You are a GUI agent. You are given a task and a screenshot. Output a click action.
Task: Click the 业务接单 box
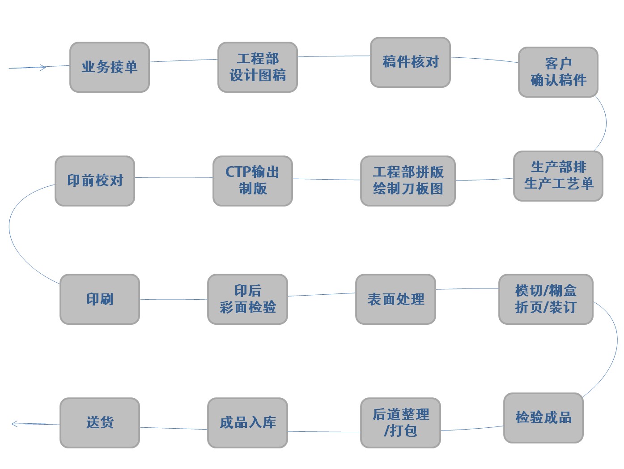coord(109,67)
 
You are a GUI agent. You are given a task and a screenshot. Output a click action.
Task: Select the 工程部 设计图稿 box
coord(257,67)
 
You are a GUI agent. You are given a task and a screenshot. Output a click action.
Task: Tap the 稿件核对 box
coord(410,62)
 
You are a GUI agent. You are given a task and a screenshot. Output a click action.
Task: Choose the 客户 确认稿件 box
coord(558,72)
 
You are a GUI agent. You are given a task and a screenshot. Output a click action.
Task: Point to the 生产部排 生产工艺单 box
coord(558,176)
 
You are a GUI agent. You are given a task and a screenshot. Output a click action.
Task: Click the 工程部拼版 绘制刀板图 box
coord(408,181)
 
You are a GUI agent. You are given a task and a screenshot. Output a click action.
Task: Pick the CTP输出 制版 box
coord(252,181)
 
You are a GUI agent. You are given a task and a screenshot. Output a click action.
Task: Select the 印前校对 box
coord(95,181)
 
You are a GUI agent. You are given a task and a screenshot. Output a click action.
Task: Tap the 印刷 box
coord(100,299)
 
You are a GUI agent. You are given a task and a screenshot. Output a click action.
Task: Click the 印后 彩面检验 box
coord(247,299)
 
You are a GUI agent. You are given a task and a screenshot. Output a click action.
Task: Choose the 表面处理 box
coord(395,299)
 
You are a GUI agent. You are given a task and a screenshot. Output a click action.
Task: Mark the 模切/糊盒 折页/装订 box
coord(545,299)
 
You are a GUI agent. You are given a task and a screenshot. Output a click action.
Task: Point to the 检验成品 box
coord(543,417)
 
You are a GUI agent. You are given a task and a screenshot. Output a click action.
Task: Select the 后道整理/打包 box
coord(400,422)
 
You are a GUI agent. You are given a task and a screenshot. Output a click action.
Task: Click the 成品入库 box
coord(247,422)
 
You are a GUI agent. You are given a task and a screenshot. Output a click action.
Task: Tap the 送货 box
coord(100,422)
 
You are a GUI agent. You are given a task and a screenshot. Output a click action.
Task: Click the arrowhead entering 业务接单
coord(43,68)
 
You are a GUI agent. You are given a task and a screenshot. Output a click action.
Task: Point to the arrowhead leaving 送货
coord(15,423)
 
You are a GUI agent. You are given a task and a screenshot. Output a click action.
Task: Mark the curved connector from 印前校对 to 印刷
coord(10,228)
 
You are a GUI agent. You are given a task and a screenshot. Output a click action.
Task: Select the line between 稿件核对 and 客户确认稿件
coord(484,59)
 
